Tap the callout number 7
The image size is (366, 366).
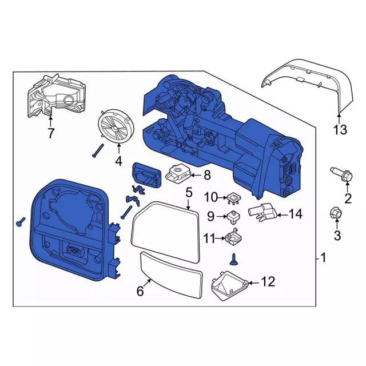51,134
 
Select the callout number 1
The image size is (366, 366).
325,258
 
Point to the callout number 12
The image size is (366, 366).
268,281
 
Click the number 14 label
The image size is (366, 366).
295,214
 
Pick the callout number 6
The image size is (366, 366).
140,291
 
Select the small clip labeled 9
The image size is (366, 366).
233,217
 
